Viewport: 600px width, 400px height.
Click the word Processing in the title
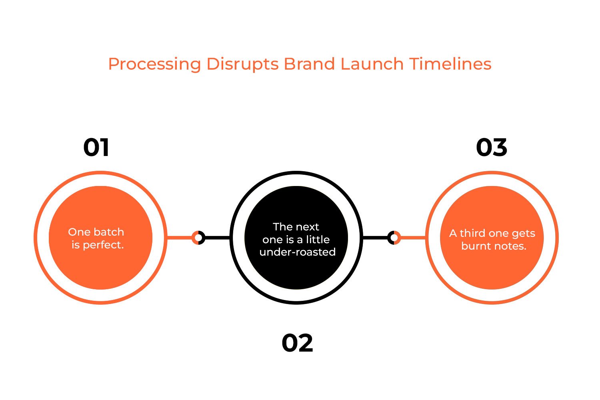154,64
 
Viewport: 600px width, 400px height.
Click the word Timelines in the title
450,64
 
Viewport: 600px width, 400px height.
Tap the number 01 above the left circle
96,148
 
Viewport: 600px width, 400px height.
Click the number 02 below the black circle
297,343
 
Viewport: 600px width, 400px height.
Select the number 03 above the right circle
492,148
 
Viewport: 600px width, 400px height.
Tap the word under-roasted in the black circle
297,252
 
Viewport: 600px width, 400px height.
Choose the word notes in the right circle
510,246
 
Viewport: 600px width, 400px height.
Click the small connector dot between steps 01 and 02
198,238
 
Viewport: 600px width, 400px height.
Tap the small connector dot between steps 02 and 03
394,238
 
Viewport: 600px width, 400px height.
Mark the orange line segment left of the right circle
413,238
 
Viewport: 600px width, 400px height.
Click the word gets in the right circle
524,234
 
